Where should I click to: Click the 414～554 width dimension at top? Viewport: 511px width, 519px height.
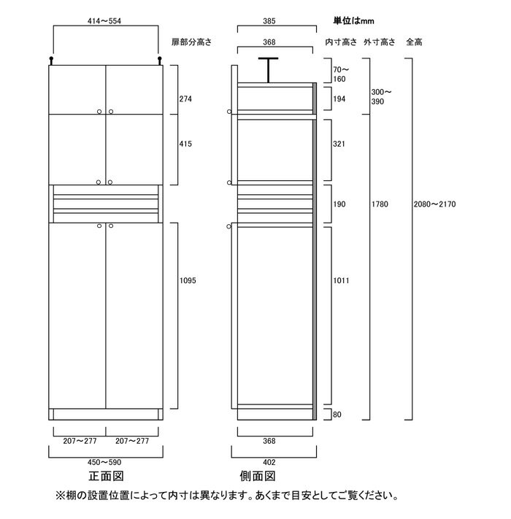click(x=104, y=21)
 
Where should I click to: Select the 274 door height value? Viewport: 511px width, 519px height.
click(x=185, y=99)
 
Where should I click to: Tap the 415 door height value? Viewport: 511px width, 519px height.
click(x=185, y=144)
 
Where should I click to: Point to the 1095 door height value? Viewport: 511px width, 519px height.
click(x=188, y=281)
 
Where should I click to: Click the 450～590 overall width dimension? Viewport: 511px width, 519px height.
click(x=104, y=462)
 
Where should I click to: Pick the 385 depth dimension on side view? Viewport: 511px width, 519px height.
click(x=269, y=21)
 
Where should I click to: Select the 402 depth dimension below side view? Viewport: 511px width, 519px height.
click(x=269, y=462)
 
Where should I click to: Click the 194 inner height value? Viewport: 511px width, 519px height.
click(x=339, y=99)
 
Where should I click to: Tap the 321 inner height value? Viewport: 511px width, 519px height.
click(x=339, y=144)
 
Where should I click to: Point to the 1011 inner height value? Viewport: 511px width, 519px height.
click(x=341, y=281)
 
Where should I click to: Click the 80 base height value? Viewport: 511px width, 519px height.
click(x=337, y=415)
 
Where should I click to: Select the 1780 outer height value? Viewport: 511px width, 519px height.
click(x=380, y=204)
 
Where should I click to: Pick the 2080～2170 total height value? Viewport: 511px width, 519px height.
click(x=434, y=204)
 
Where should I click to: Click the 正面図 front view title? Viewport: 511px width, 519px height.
click(x=106, y=477)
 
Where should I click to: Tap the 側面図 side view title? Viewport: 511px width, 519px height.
click(x=258, y=477)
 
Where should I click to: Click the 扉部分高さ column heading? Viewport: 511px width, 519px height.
click(x=191, y=42)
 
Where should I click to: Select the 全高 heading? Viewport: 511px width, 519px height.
click(x=414, y=42)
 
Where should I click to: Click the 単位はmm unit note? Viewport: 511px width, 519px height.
click(x=353, y=21)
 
